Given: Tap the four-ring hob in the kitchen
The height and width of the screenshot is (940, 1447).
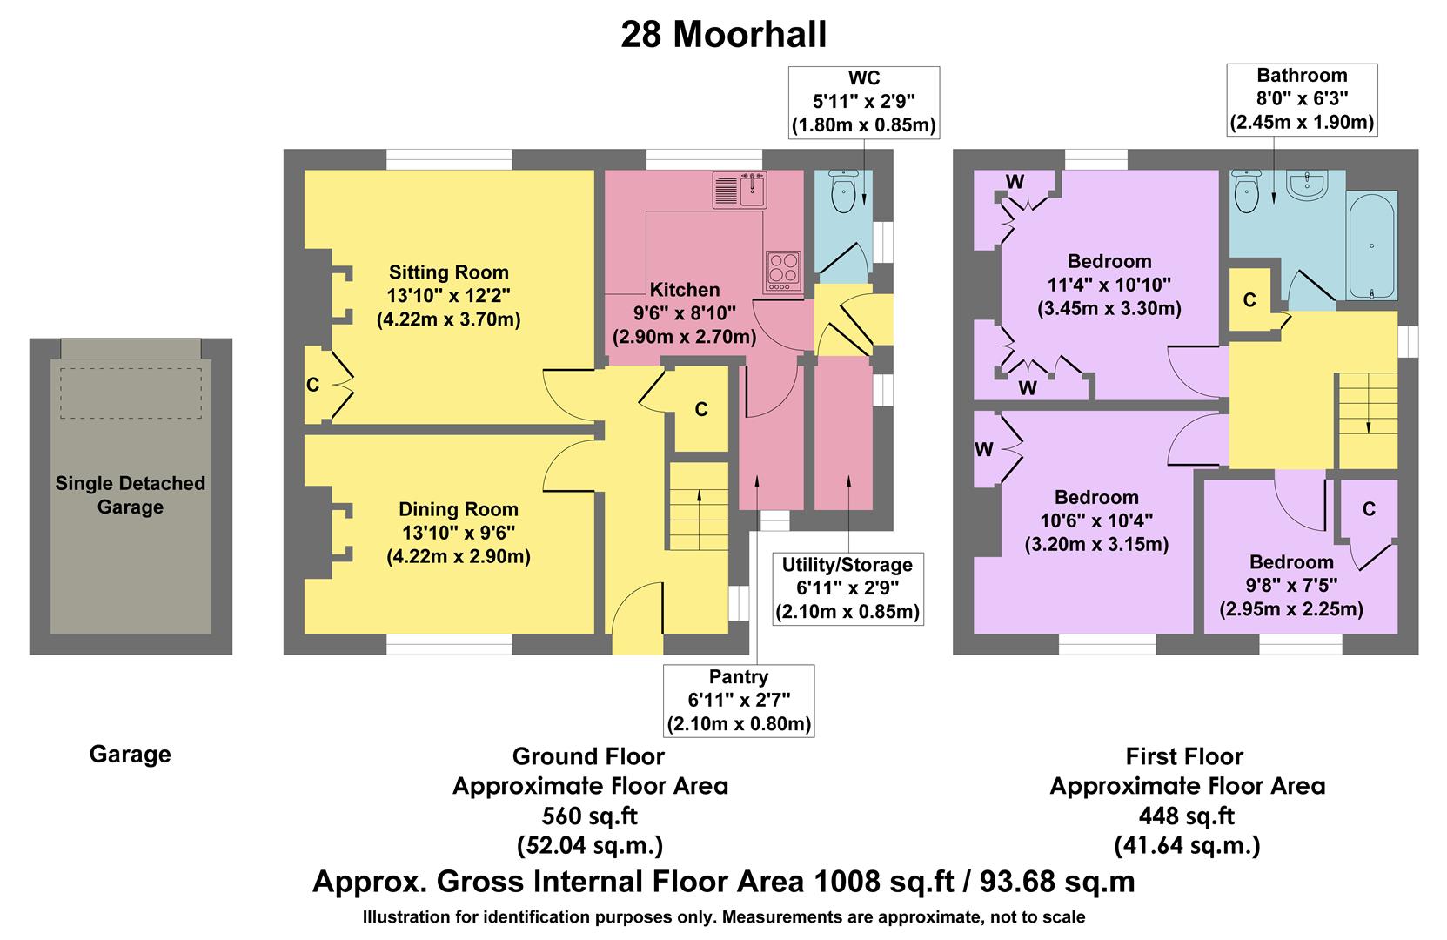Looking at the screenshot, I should pyautogui.click(x=783, y=271).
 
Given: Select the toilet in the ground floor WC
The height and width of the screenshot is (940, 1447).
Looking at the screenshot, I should pyautogui.click(x=843, y=192).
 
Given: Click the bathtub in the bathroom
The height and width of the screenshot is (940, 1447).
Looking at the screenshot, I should pyautogui.click(x=1371, y=245).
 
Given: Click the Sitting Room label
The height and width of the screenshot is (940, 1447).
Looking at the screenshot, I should pyautogui.click(x=448, y=272).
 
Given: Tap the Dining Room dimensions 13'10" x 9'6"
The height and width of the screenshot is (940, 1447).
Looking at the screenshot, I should pyautogui.click(x=459, y=533).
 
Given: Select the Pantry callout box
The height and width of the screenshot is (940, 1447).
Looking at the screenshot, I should pyautogui.click(x=739, y=700).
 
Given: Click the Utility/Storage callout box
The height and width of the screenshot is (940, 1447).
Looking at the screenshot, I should pyautogui.click(x=847, y=588).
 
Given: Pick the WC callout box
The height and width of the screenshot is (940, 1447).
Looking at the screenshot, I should pyautogui.click(x=863, y=102).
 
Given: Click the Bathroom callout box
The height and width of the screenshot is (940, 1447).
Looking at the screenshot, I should pyautogui.click(x=1302, y=99).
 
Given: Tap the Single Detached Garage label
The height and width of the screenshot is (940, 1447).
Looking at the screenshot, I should pyautogui.click(x=131, y=495).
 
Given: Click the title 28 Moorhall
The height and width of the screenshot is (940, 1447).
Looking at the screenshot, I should pyautogui.click(x=723, y=35).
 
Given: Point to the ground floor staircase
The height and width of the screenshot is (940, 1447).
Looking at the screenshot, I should pyautogui.click(x=698, y=506).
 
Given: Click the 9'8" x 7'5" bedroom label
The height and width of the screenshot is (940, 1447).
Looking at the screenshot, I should pyautogui.click(x=1291, y=585).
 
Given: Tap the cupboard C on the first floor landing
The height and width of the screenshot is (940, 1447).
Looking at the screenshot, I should pyautogui.click(x=1249, y=300).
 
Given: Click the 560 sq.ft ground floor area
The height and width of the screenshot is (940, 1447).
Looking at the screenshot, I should pyautogui.click(x=589, y=816).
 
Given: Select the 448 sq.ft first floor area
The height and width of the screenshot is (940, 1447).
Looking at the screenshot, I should pyautogui.click(x=1187, y=816).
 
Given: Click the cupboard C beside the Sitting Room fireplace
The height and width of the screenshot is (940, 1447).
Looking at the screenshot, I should pyautogui.click(x=313, y=385).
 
